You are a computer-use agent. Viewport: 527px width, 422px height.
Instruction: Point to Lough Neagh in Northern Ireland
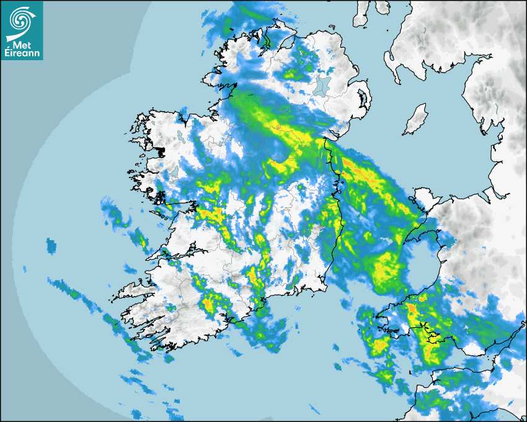321,86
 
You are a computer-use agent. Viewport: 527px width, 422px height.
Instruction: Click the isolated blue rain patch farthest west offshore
50,245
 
